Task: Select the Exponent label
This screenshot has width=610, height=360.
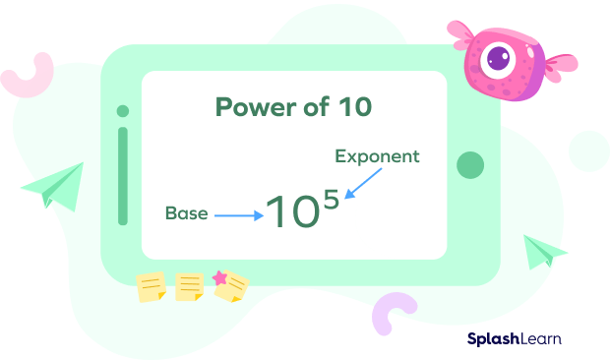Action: click(x=377, y=156)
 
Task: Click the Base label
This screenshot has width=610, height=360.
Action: click(x=187, y=213)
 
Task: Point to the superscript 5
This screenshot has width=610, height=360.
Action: click(x=331, y=199)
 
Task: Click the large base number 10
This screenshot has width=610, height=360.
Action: click(x=292, y=211)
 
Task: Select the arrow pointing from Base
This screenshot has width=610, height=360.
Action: click(x=239, y=215)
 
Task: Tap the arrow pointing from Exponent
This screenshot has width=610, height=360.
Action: click(x=363, y=184)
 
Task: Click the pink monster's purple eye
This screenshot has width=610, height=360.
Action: click(x=499, y=59)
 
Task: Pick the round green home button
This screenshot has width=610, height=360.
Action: click(x=470, y=165)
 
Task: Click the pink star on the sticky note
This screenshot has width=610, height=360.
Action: click(x=219, y=277)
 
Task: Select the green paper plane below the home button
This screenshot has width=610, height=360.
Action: click(x=544, y=252)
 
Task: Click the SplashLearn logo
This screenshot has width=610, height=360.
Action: click(x=515, y=339)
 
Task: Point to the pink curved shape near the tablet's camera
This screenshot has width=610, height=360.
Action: click(x=28, y=76)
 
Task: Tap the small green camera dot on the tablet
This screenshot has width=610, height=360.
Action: click(x=123, y=111)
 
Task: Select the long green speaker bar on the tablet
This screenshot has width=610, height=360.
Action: click(x=123, y=176)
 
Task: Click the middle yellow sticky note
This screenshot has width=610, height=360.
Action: click(x=190, y=287)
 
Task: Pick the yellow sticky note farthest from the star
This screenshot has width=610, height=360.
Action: click(x=151, y=287)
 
